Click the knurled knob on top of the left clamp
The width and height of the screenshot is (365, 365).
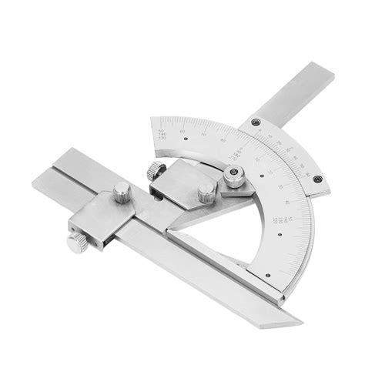pyautogui.click(x=122, y=193)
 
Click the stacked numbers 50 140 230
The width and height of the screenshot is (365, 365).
pyautogui.click(x=160, y=132)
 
